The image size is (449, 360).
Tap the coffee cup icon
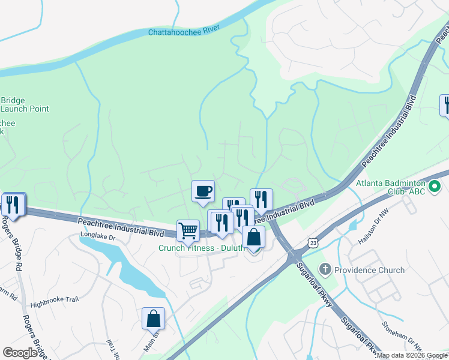(x=203, y=191)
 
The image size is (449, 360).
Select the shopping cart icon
(x=188, y=230)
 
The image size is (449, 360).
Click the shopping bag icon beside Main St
(x=153, y=318)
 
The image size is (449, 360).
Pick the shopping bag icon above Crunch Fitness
(x=253, y=237)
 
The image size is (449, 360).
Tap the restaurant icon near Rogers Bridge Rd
(x=13, y=205)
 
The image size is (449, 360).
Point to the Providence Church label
(x=370, y=270)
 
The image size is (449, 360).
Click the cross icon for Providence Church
(x=325, y=269)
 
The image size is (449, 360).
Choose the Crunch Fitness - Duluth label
(x=200, y=248)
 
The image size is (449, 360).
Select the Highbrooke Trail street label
(x=55, y=304)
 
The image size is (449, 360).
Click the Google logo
(x=20, y=353)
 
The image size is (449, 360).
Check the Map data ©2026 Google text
(x=412, y=355)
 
